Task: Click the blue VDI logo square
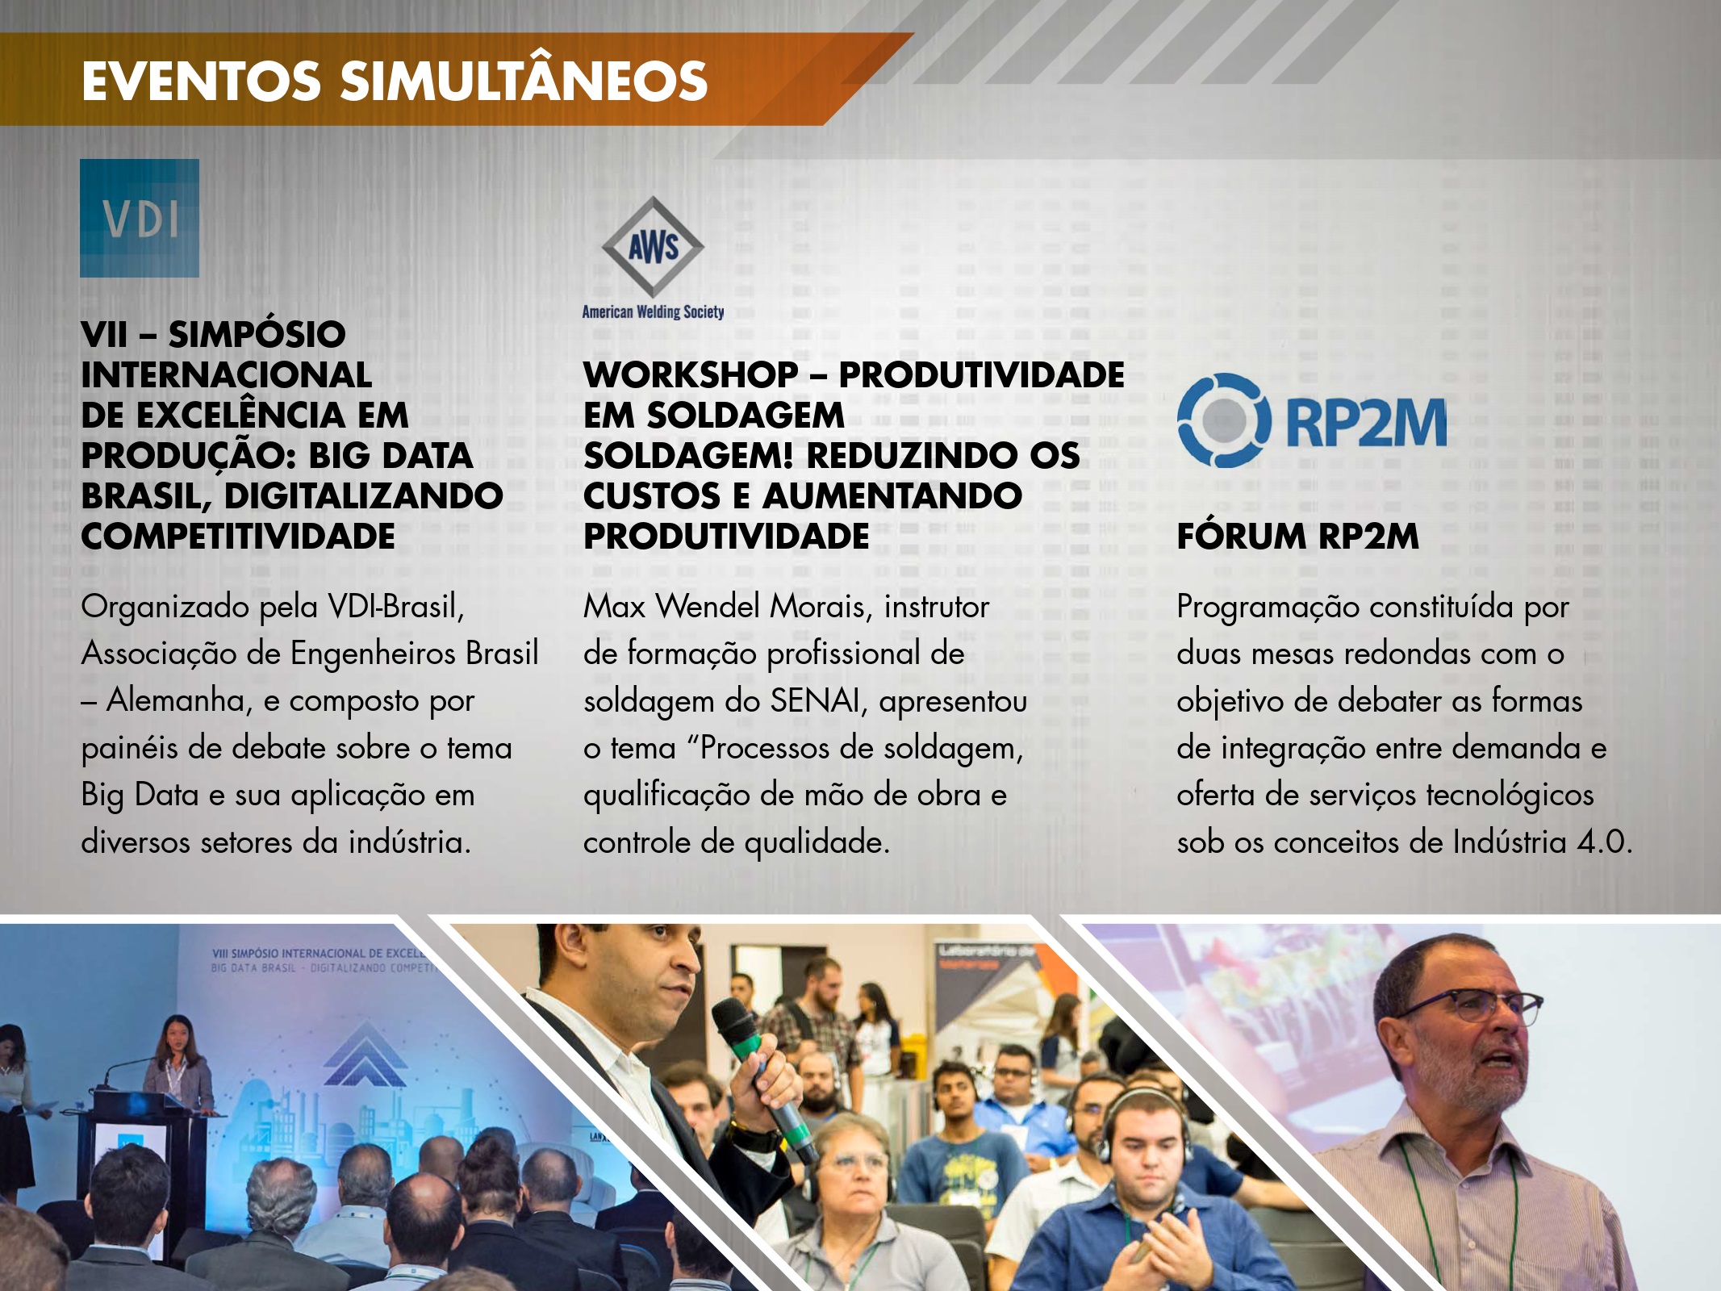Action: pos(140,218)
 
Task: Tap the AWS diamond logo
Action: pos(653,246)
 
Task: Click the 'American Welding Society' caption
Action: pos(653,312)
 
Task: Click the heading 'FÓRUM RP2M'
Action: pos(1297,537)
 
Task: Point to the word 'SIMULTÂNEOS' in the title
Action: pos(524,81)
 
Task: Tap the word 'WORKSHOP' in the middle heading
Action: pos(691,375)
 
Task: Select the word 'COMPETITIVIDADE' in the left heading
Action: pos(238,537)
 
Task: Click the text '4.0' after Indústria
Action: pos(1605,842)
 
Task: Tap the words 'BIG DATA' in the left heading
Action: pos(391,456)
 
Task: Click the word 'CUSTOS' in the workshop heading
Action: pos(651,496)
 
